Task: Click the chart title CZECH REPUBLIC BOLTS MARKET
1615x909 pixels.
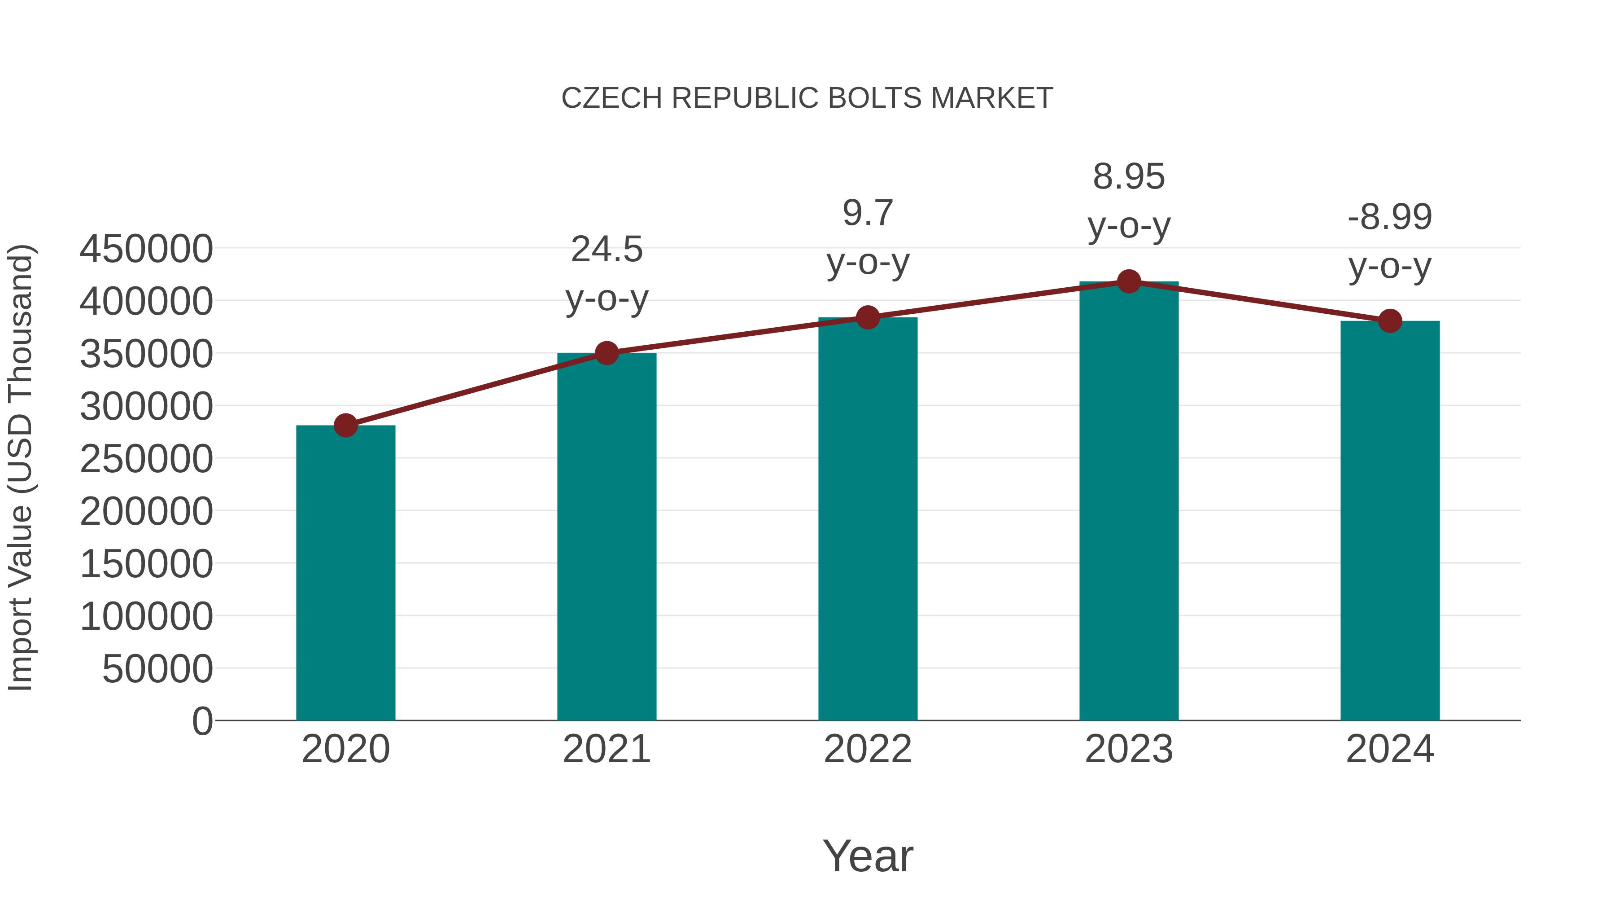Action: tap(807, 98)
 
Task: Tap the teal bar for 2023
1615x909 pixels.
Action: tap(1129, 502)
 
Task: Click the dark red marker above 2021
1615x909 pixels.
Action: tap(606, 353)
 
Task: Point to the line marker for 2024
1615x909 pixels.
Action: tap(1390, 321)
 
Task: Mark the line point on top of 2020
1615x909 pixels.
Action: tap(345, 426)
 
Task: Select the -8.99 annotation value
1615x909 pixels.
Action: tap(1390, 217)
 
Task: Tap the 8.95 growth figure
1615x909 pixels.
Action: tap(1129, 177)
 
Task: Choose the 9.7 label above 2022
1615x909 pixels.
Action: tap(868, 213)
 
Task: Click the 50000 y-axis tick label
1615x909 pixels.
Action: tap(157, 669)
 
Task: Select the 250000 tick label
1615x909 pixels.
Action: tap(146, 459)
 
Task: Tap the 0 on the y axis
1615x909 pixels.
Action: tap(202, 721)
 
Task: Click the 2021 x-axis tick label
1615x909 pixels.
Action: tap(606, 749)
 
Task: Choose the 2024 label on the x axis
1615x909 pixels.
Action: tap(1390, 749)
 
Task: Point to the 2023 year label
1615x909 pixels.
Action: tap(1129, 749)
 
